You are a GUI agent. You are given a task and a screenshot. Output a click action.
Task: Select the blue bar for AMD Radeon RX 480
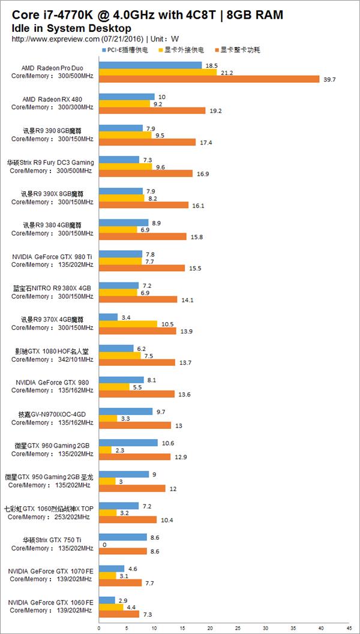[127, 97]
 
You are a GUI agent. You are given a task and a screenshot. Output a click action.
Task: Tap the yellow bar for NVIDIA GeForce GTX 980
[114, 387]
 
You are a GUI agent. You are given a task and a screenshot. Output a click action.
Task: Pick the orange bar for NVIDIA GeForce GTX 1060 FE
[119, 614]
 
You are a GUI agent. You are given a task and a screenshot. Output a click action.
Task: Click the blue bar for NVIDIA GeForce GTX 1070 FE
[112, 568]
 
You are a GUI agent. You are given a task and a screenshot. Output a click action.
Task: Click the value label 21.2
[226, 73]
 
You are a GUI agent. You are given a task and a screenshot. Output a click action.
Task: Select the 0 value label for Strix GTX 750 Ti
[104, 544]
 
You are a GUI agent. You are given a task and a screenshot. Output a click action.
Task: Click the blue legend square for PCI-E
[104, 50]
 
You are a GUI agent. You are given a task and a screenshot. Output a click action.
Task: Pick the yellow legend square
[159, 50]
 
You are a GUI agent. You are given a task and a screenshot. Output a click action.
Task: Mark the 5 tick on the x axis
[126, 629]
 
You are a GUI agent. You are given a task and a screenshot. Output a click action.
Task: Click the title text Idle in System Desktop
[71, 28]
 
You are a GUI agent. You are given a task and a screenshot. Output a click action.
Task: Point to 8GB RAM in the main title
[251, 15]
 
